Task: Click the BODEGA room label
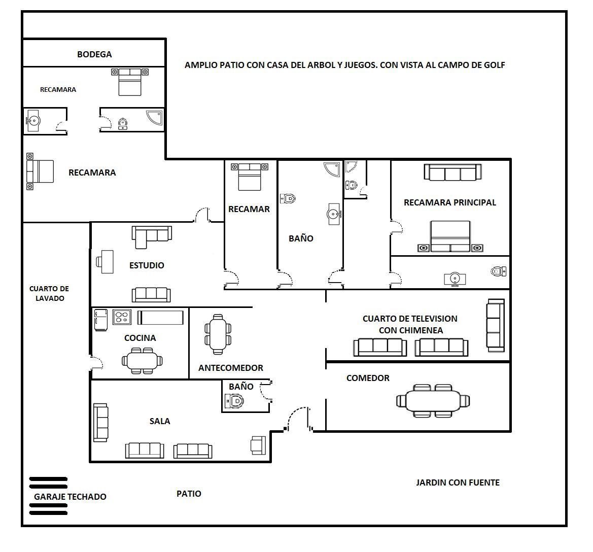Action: pyautogui.click(x=94, y=54)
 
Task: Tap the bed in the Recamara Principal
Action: pyautogui.click(x=450, y=236)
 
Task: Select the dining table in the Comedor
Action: pyautogui.click(x=433, y=401)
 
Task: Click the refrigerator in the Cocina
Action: pyautogui.click(x=101, y=320)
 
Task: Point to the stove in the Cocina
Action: pyautogui.click(x=122, y=317)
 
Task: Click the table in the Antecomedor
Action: pyautogui.click(x=218, y=334)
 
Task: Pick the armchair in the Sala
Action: pyautogui.click(x=258, y=445)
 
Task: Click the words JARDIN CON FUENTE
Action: pyautogui.click(x=458, y=483)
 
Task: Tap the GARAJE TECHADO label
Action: pyautogui.click(x=70, y=497)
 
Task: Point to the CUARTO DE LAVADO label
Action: pyautogui.click(x=49, y=293)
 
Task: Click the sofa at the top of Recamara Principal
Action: pyautogui.click(x=452, y=172)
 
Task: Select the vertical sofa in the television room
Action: pyautogui.click(x=496, y=325)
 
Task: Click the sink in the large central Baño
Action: pyautogui.click(x=334, y=214)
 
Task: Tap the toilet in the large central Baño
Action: pyautogui.click(x=288, y=198)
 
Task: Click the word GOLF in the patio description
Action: pyautogui.click(x=494, y=65)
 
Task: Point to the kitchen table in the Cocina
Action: pyautogui.click(x=142, y=361)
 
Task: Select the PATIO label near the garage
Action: pyautogui.click(x=189, y=494)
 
